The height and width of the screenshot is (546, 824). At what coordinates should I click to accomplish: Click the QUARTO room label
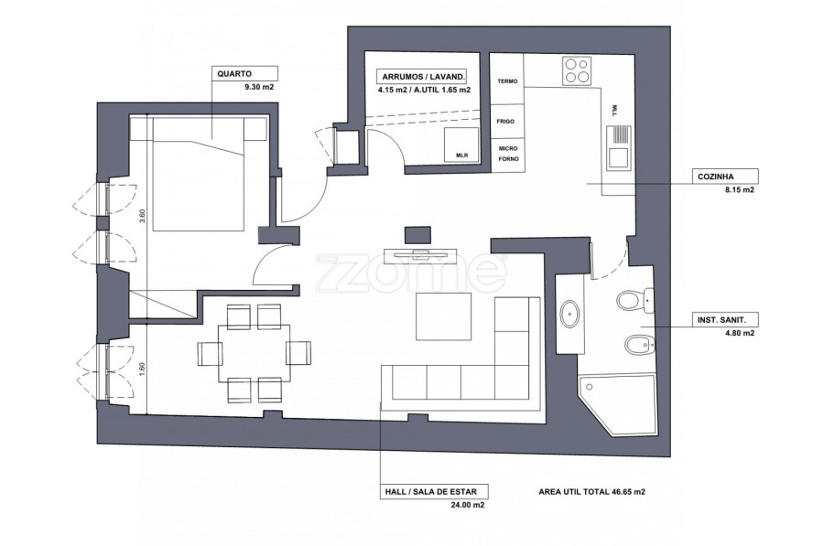click(234, 74)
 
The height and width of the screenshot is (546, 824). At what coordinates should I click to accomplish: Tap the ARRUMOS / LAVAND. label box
click(423, 77)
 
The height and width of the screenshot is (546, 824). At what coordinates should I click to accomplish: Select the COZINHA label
click(715, 177)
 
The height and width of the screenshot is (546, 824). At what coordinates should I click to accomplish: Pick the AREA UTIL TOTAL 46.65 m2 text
click(591, 492)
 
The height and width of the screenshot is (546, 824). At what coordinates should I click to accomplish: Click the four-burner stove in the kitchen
click(576, 70)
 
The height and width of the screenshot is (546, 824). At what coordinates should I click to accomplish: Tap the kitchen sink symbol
click(619, 148)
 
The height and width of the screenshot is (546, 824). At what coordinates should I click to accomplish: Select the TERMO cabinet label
click(507, 81)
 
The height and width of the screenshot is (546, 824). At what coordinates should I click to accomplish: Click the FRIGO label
click(505, 122)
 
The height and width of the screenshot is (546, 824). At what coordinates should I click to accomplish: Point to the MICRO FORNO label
click(508, 154)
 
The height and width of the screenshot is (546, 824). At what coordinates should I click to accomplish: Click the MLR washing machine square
click(461, 145)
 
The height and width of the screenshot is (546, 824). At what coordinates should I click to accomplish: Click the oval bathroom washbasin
click(569, 314)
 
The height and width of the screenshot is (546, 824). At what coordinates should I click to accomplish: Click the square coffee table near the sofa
click(443, 316)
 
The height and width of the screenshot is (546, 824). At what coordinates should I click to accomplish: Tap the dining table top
click(255, 353)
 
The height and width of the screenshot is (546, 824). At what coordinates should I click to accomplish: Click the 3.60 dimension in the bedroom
click(141, 216)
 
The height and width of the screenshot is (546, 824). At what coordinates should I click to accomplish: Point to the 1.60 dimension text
click(141, 369)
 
